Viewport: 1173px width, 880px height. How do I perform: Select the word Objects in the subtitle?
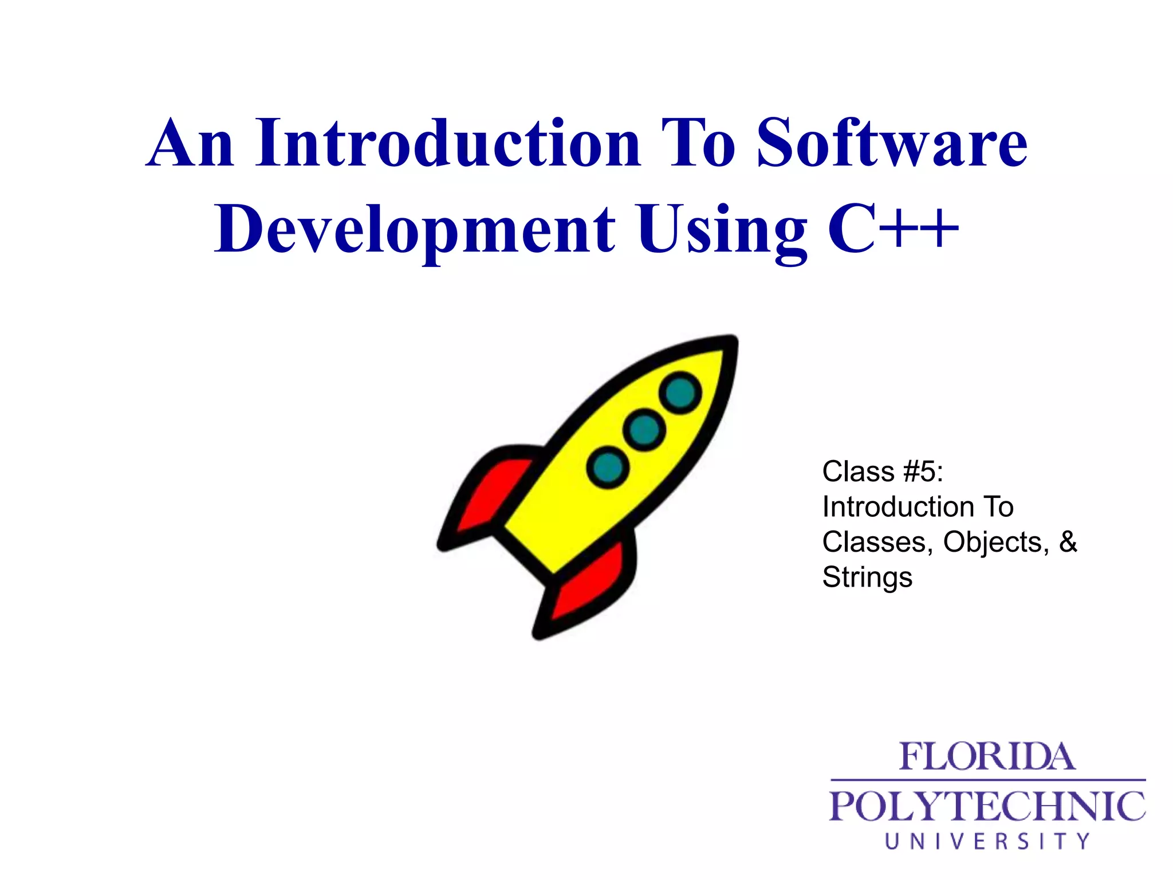995,542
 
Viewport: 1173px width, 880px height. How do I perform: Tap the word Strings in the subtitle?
867,577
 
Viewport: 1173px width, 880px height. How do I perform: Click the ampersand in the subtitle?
1068,541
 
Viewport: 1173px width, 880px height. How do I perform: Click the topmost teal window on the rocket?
680,392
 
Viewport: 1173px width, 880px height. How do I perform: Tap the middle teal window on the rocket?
644,429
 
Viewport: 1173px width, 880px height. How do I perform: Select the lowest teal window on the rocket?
608,467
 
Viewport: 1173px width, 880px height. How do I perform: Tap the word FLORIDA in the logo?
987,757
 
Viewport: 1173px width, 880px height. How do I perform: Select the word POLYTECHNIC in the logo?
987,806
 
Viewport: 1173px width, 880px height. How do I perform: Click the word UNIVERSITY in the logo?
987,841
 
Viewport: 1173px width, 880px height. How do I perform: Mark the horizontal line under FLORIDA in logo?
987,780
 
